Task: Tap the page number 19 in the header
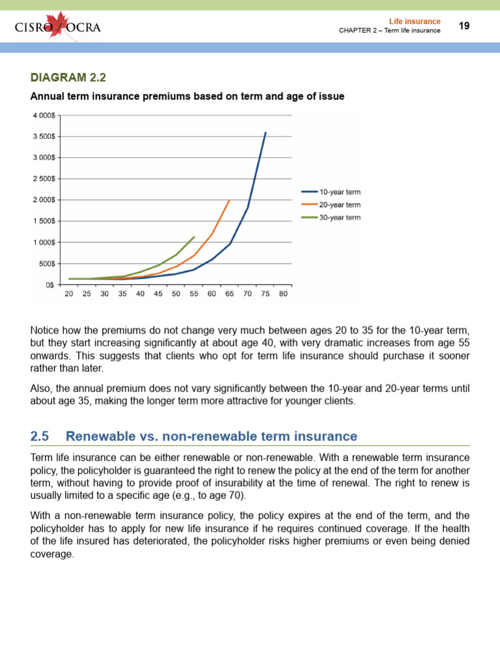click(x=464, y=26)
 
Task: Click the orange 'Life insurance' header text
click(x=415, y=21)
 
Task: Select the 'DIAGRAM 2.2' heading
click(x=68, y=78)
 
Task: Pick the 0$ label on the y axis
click(x=49, y=285)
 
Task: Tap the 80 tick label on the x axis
click(x=283, y=294)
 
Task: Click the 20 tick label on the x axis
click(x=69, y=294)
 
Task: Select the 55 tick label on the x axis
click(x=193, y=294)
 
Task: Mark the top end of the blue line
click(x=266, y=132)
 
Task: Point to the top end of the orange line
click(x=229, y=200)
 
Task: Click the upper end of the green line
click(x=194, y=236)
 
